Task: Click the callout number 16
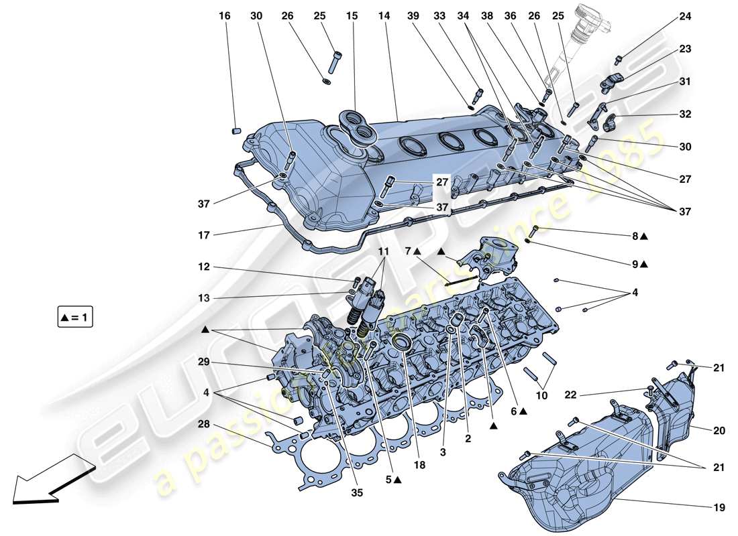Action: [225, 16]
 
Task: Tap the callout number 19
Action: [719, 509]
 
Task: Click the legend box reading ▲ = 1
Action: [74, 318]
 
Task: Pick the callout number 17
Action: [204, 235]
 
